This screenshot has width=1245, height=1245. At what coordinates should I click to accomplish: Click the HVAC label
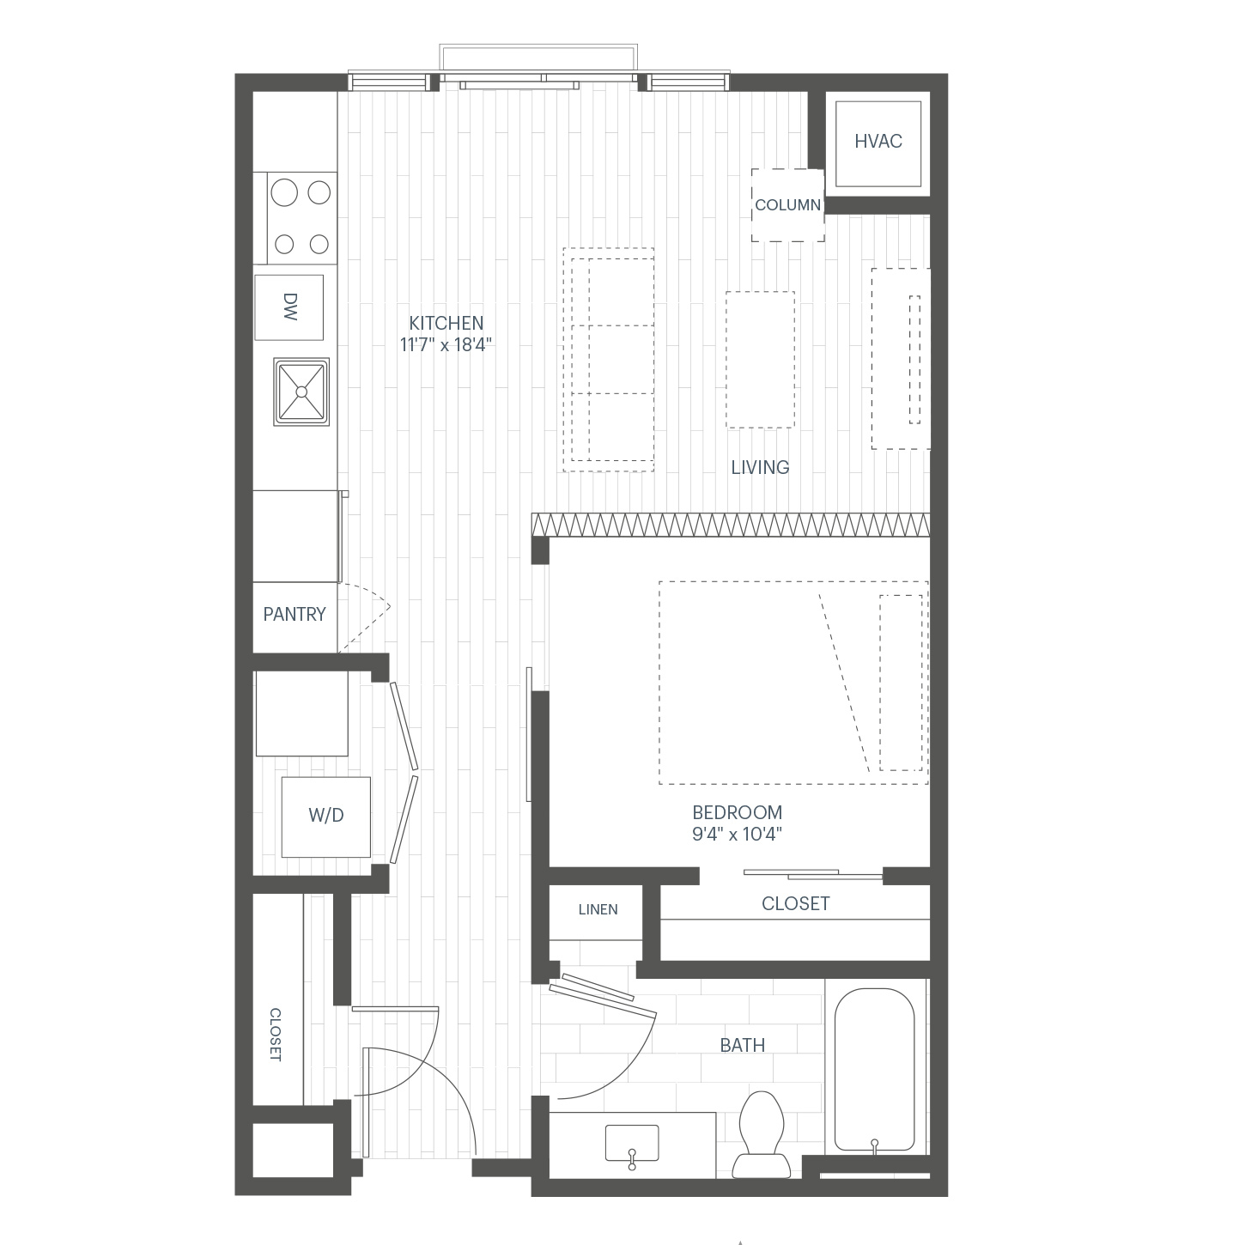[x=878, y=142]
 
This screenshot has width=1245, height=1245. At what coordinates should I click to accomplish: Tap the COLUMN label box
[x=787, y=205]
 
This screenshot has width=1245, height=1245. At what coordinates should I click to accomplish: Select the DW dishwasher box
[x=288, y=307]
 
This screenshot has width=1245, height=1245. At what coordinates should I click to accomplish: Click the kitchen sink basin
[x=301, y=392]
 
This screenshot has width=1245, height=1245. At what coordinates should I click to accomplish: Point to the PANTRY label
[x=295, y=615]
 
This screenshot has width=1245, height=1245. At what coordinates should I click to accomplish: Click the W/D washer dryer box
[x=326, y=817]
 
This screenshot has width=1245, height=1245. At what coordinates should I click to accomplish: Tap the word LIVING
[x=760, y=468]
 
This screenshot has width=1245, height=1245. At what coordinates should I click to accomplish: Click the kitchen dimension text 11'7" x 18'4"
[x=446, y=345]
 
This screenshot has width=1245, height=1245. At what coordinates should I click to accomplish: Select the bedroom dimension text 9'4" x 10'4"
[x=738, y=834]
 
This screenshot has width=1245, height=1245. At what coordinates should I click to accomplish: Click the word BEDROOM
[x=738, y=812]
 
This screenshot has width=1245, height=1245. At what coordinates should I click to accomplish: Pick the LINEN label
[x=598, y=909]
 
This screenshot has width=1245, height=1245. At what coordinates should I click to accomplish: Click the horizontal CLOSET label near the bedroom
[x=795, y=904]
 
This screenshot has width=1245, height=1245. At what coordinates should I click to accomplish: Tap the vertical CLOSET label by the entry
[x=276, y=1035]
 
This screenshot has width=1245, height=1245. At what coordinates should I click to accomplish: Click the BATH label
[x=743, y=1045]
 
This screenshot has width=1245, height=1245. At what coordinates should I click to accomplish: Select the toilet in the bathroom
[x=762, y=1134]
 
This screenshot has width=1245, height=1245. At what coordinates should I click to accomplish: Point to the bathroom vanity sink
[x=632, y=1143]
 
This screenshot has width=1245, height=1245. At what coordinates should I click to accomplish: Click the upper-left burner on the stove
[x=284, y=192]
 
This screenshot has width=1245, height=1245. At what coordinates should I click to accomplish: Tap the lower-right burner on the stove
[x=319, y=244]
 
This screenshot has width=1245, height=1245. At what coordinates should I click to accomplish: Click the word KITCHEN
[x=446, y=323]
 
